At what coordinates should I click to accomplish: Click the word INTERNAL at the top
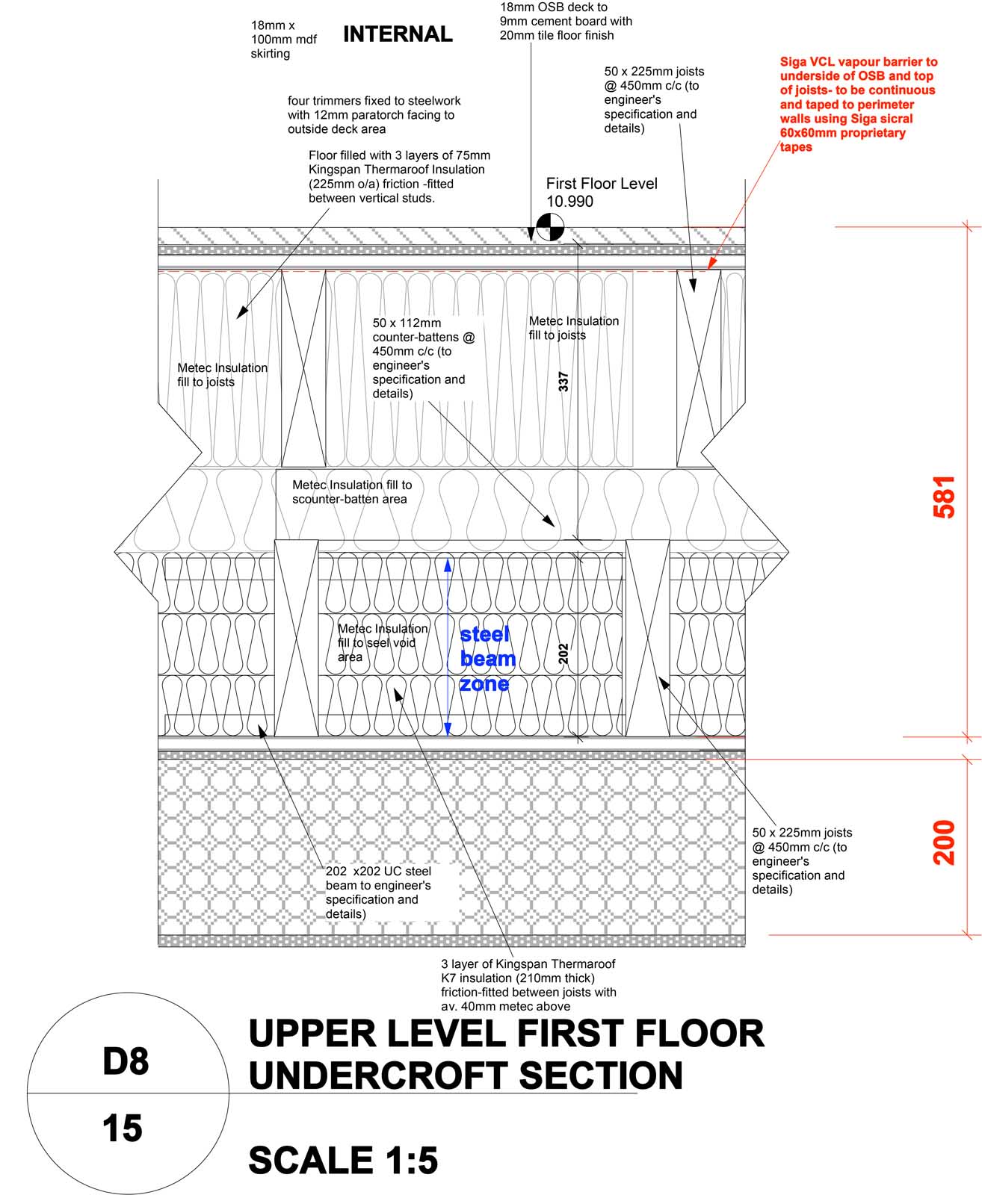(x=397, y=34)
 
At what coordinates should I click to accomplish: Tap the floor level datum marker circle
(x=549, y=226)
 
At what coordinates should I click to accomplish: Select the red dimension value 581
(x=945, y=497)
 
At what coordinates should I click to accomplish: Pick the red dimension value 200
(x=945, y=842)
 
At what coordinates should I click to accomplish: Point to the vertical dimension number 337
(x=564, y=382)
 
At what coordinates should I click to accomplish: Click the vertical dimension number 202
(x=564, y=654)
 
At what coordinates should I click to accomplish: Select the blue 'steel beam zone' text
(x=487, y=659)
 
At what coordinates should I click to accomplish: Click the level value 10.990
(x=569, y=202)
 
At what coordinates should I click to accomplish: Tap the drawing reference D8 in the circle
(x=126, y=1061)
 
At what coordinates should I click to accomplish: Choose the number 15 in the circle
(x=123, y=1128)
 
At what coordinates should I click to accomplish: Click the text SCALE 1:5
(x=343, y=1160)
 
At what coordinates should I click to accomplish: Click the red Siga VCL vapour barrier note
(x=857, y=104)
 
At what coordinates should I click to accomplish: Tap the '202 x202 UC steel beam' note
(x=379, y=892)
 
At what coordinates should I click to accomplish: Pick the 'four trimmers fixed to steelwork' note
(x=374, y=114)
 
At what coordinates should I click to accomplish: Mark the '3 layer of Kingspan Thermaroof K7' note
(x=528, y=984)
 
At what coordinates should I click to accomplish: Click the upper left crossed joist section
(x=303, y=368)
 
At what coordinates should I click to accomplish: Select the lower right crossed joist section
(x=647, y=638)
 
